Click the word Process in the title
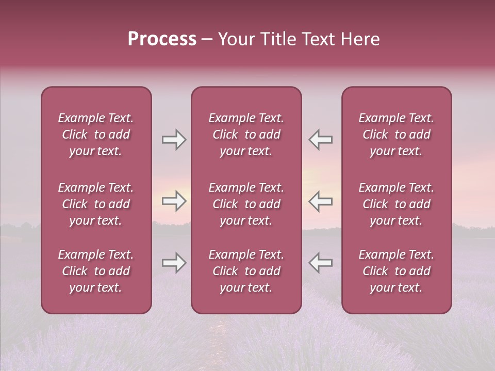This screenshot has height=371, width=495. click(x=162, y=39)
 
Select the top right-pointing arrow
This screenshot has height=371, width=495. click(x=174, y=140)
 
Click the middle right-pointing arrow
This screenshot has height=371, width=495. click(x=174, y=201)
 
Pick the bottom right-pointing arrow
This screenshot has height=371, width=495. click(x=174, y=263)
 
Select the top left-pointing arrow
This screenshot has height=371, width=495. click(x=320, y=140)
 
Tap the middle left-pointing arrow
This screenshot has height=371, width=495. click(x=320, y=201)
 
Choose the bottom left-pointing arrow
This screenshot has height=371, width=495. click(x=320, y=263)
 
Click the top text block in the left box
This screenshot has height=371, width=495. click(x=96, y=134)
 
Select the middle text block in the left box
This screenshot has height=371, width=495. click(x=96, y=204)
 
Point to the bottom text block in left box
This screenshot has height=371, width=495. click(x=96, y=271)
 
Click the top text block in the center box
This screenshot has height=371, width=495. click(x=246, y=134)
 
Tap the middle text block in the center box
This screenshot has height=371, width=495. click(x=246, y=204)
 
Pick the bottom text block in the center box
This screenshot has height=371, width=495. click(x=246, y=271)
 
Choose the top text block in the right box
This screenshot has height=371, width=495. click(x=396, y=134)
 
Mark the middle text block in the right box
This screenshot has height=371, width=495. click(x=396, y=204)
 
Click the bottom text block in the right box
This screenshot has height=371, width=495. click(x=396, y=271)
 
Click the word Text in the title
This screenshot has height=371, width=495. click(x=318, y=39)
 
